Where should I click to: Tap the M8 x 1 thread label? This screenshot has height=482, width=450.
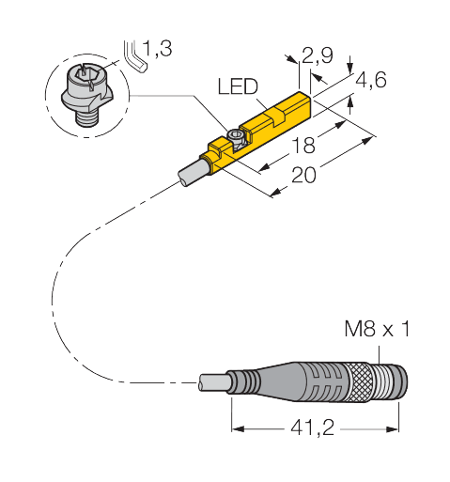pos(373,331)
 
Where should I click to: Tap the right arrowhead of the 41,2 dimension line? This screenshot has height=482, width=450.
pos(397,428)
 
